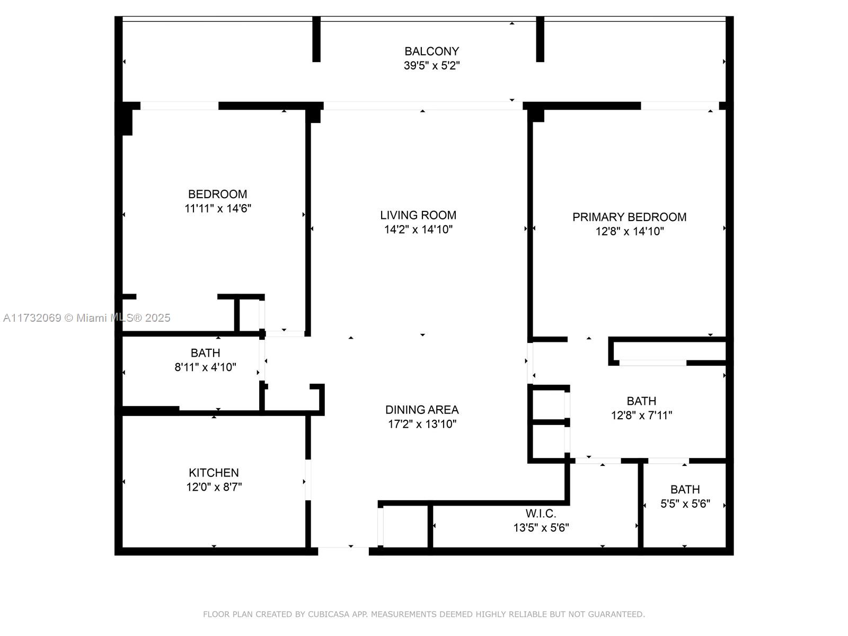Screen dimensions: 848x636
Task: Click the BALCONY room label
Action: pyautogui.click(x=431, y=51)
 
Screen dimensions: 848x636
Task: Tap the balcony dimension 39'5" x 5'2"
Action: pyautogui.click(x=431, y=65)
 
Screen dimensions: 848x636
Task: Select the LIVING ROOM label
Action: pyautogui.click(x=418, y=215)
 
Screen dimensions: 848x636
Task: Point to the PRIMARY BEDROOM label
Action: pyautogui.click(x=629, y=217)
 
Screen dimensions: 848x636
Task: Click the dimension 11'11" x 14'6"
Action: pyautogui.click(x=217, y=208)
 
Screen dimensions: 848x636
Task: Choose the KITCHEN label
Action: pyautogui.click(x=214, y=472)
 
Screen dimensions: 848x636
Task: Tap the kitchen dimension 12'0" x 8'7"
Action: pyautogui.click(x=214, y=487)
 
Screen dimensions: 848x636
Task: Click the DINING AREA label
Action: pyautogui.click(x=422, y=409)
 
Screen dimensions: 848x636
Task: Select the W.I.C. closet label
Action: pyautogui.click(x=541, y=513)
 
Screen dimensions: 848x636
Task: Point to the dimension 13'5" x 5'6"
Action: pyautogui.click(x=541, y=527)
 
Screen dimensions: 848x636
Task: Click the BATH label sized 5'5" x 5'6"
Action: pyautogui.click(x=685, y=489)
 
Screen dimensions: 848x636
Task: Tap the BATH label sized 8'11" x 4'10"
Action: pyautogui.click(x=205, y=352)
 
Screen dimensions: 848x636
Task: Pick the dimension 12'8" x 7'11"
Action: pyautogui.click(x=641, y=415)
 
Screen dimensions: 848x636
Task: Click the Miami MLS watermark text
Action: pyautogui.click(x=86, y=317)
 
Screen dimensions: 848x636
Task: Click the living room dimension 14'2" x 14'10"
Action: pyautogui.click(x=418, y=229)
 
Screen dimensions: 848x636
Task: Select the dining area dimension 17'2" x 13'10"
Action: pyautogui.click(x=422, y=423)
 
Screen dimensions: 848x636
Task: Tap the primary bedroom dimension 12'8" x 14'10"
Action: pyautogui.click(x=629, y=231)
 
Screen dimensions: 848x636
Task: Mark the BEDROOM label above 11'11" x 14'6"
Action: pyautogui.click(x=217, y=194)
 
